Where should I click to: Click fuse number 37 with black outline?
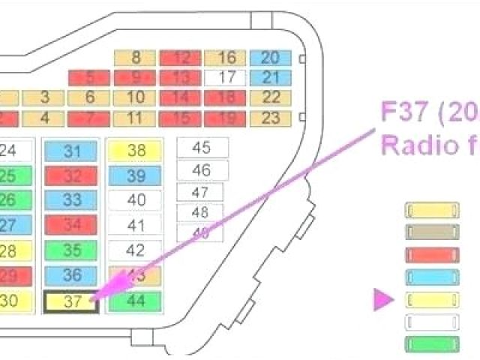tap(72, 301)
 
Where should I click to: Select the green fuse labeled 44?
tap(136, 301)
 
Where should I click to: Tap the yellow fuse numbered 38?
tap(136, 150)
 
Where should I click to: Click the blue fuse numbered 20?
tap(271, 58)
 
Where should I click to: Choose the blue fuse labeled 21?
tap(271, 77)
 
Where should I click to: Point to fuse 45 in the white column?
tap(201, 148)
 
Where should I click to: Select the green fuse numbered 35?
tap(72, 250)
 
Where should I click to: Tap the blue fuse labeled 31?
tap(72, 150)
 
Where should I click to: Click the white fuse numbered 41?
tap(136, 225)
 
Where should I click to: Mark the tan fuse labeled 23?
tap(271, 118)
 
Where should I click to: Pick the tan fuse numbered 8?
tap(136, 58)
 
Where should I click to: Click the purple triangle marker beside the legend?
tap(383, 301)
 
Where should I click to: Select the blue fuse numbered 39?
tap(136, 175)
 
